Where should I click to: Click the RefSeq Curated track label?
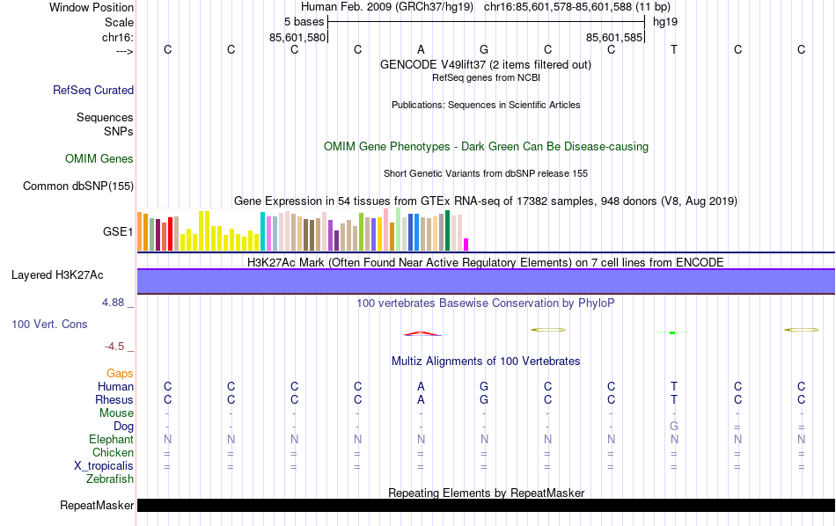[x=93, y=90]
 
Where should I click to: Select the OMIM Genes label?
[x=99, y=159]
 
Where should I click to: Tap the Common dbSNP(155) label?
[x=78, y=186]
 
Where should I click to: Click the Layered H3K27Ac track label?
[x=57, y=274]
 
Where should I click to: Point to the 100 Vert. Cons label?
[x=49, y=325]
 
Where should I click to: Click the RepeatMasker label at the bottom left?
[x=97, y=506]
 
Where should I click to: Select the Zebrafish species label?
[x=110, y=479]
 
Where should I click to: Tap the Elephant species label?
[x=111, y=440]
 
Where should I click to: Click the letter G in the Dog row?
[x=674, y=427]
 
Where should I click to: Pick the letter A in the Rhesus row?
[x=421, y=400]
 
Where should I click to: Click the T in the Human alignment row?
[x=674, y=387]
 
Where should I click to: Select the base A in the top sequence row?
[x=421, y=49]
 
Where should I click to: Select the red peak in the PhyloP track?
[x=422, y=333]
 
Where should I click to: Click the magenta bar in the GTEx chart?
[x=466, y=244]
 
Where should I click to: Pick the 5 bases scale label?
[x=303, y=21]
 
